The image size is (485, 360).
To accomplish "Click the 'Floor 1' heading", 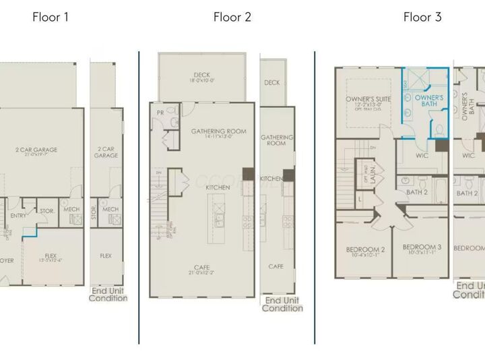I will pyautogui.click(x=51, y=18).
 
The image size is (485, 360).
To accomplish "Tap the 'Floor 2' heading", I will pyautogui.click(x=232, y=18).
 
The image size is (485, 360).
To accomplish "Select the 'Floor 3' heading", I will pyautogui.click(x=422, y=18).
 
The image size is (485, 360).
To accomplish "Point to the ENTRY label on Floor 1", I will pyautogui.click(x=19, y=215).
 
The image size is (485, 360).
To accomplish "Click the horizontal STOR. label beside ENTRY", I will pyautogui.click(x=47, y=211).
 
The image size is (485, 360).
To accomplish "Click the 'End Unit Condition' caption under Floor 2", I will pyautogui.click(x=282, y=304).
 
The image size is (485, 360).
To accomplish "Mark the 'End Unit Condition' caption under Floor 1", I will pyautogui.click(x=108, y=294).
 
